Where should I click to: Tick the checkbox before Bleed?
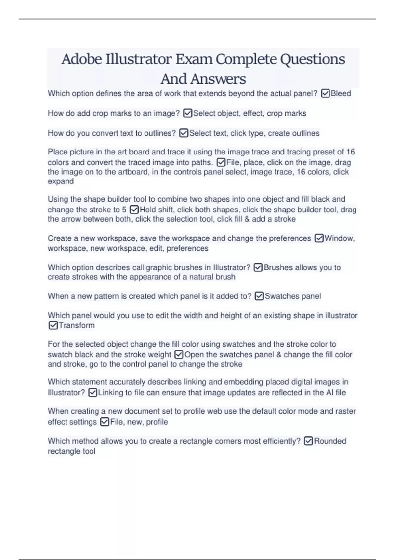click(325, 94)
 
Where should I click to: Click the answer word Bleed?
click(341, 94)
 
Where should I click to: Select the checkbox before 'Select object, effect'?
click(188, 113)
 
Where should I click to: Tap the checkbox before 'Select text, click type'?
click(184, 133)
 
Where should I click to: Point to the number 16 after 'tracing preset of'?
click(351, 152)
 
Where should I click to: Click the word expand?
click(61, 181)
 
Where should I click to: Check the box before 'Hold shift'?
click(134, 210)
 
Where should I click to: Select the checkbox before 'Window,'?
click(319, 238)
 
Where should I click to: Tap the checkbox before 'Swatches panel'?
click(259, 296)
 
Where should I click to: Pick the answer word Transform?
click(77, 325)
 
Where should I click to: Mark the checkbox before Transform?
click(53, 325)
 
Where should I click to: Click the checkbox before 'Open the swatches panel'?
click(179, 355)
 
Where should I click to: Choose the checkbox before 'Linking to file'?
click(93, 393)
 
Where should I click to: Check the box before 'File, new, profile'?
click(105, 422)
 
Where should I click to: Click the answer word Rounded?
click(330, 441)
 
